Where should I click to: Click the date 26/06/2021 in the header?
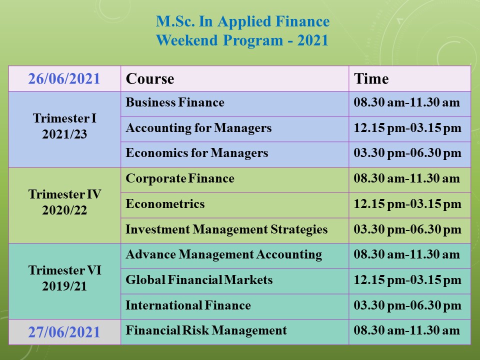64,78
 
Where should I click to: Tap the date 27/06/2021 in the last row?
64,332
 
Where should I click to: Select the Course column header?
150,78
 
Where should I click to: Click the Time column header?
371,78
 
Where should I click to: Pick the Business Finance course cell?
175,102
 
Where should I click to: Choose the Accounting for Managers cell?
198,128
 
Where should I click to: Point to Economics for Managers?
197,153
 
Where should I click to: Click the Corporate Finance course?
180,178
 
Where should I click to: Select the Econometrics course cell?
165,204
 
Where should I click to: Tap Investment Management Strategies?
226,229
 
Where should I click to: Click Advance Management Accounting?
224,254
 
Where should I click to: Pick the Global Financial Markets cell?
199,280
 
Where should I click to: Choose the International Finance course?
188,305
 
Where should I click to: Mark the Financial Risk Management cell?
206,330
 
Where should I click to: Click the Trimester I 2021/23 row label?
64,126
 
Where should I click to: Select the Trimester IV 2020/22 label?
64,202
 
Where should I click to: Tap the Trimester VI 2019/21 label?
64,278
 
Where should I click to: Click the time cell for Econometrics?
407,204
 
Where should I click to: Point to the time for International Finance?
407,305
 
